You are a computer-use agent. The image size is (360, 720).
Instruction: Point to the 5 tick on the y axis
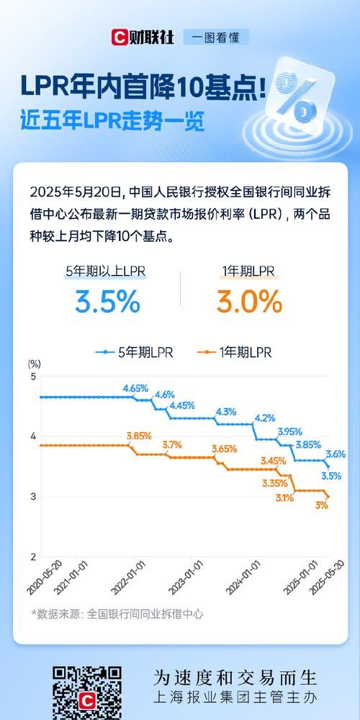tap(32, 377)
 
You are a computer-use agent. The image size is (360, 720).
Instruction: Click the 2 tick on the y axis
tap(32, 557)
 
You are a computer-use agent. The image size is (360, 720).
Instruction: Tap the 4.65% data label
tap(135, 388)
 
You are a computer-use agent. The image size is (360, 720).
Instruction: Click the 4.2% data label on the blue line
tap(264, 418)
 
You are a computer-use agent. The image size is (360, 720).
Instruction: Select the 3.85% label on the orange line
tap(138, 436)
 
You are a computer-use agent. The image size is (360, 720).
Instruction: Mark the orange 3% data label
tap(321, 505)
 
